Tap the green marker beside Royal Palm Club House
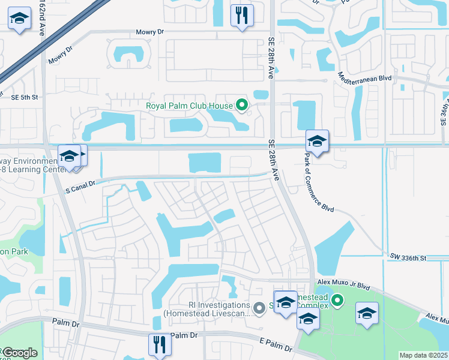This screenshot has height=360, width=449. [242, 106]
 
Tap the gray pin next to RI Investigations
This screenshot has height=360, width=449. [259, 308]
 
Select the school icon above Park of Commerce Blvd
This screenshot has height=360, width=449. [317, 142]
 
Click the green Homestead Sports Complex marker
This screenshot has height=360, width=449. [338, 299]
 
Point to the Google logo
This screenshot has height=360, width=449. [20, 353]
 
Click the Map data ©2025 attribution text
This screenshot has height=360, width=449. [423, 355]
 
